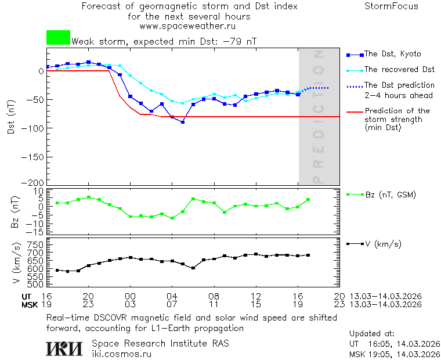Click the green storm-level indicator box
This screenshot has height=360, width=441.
click(x=58, y=38)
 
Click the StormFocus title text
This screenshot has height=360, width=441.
click(x=391, y=7)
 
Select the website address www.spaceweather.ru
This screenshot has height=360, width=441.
click(x=187, y=26)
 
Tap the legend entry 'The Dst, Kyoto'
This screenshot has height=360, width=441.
click(x=392, y=54)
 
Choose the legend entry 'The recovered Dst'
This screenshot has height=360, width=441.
click(x=399, y=70)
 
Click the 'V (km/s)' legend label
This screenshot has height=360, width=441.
click(x=382, y=244)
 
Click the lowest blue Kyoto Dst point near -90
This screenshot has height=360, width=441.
click(x=183, y=122)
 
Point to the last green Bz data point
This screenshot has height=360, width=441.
click(x=308, y=200)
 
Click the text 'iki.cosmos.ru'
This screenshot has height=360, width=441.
click(x=122, y=354)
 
